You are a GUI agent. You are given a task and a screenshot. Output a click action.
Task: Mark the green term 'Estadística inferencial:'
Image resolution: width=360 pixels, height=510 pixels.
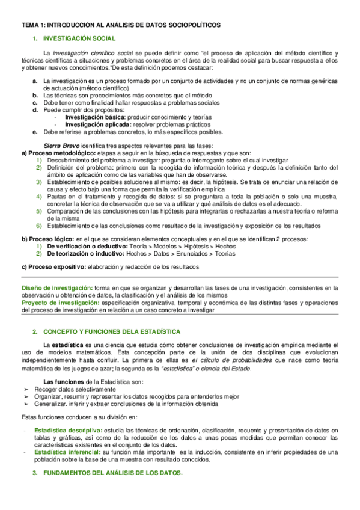tap(68, 452)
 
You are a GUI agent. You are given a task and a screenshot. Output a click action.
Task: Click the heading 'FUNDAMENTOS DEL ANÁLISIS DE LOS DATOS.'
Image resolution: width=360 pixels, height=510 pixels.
tap(114, 473)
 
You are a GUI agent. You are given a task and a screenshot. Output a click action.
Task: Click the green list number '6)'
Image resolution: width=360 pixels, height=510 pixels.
tap(38, 226)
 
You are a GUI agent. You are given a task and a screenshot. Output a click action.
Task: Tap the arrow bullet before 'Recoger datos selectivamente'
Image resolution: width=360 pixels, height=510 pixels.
tap(25, 390)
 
